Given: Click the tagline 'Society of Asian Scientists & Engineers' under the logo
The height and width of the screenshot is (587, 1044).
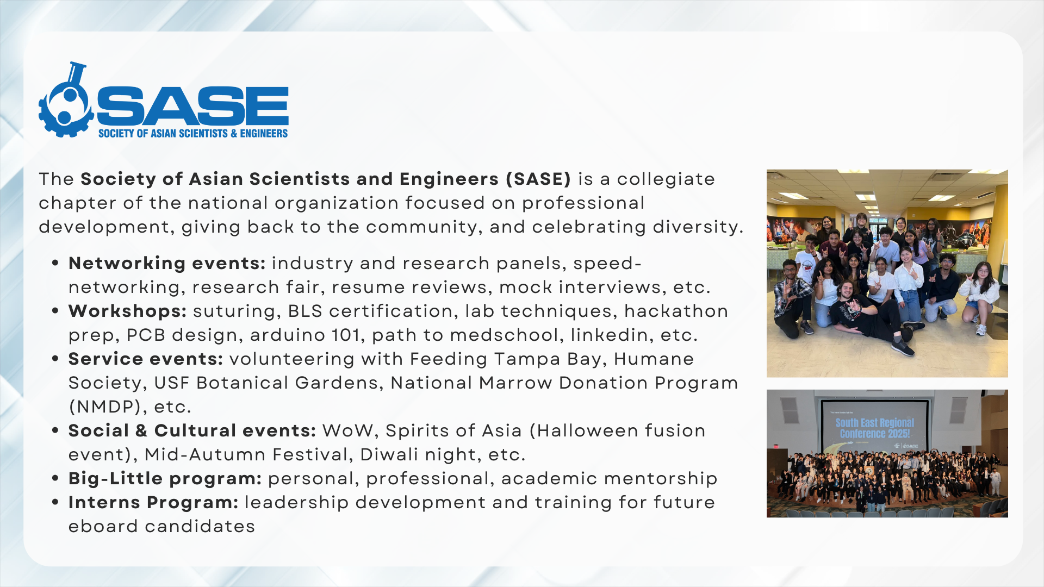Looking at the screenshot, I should point(192,133).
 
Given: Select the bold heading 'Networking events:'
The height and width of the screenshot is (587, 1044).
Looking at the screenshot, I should point(167,263).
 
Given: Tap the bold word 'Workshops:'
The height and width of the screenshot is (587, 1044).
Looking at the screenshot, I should point(127,311).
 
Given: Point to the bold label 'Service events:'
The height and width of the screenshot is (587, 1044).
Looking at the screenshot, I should point(146,359).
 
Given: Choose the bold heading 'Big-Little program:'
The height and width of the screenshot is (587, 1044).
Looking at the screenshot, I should point(165,478).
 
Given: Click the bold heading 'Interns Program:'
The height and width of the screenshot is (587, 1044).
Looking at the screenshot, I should point(153,502).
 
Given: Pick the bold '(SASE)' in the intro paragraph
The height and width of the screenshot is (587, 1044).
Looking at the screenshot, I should point(538,179).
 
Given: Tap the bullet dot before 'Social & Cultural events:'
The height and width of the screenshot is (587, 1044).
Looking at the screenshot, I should point(55,430).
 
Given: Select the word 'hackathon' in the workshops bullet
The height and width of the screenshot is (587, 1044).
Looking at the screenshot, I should point(676,311).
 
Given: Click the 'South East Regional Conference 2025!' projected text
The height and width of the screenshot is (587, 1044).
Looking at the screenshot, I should point(875,428).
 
